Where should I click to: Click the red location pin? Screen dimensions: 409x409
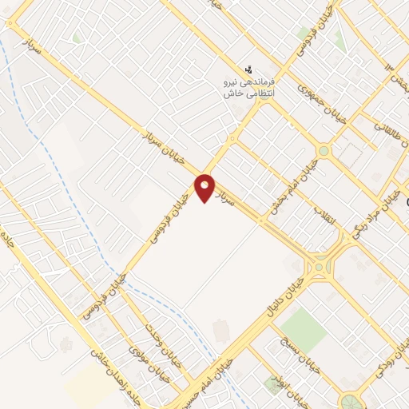click(x=205, y=188)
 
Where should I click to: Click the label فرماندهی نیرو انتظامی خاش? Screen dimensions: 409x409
click(x=248, y=88)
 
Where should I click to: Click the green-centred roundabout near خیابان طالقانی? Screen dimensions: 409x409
click(x=323, y=150)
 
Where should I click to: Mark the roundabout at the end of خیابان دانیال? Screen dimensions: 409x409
click(x=320, y=267)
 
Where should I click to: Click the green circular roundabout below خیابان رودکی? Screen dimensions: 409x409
click(x=350, y=399)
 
